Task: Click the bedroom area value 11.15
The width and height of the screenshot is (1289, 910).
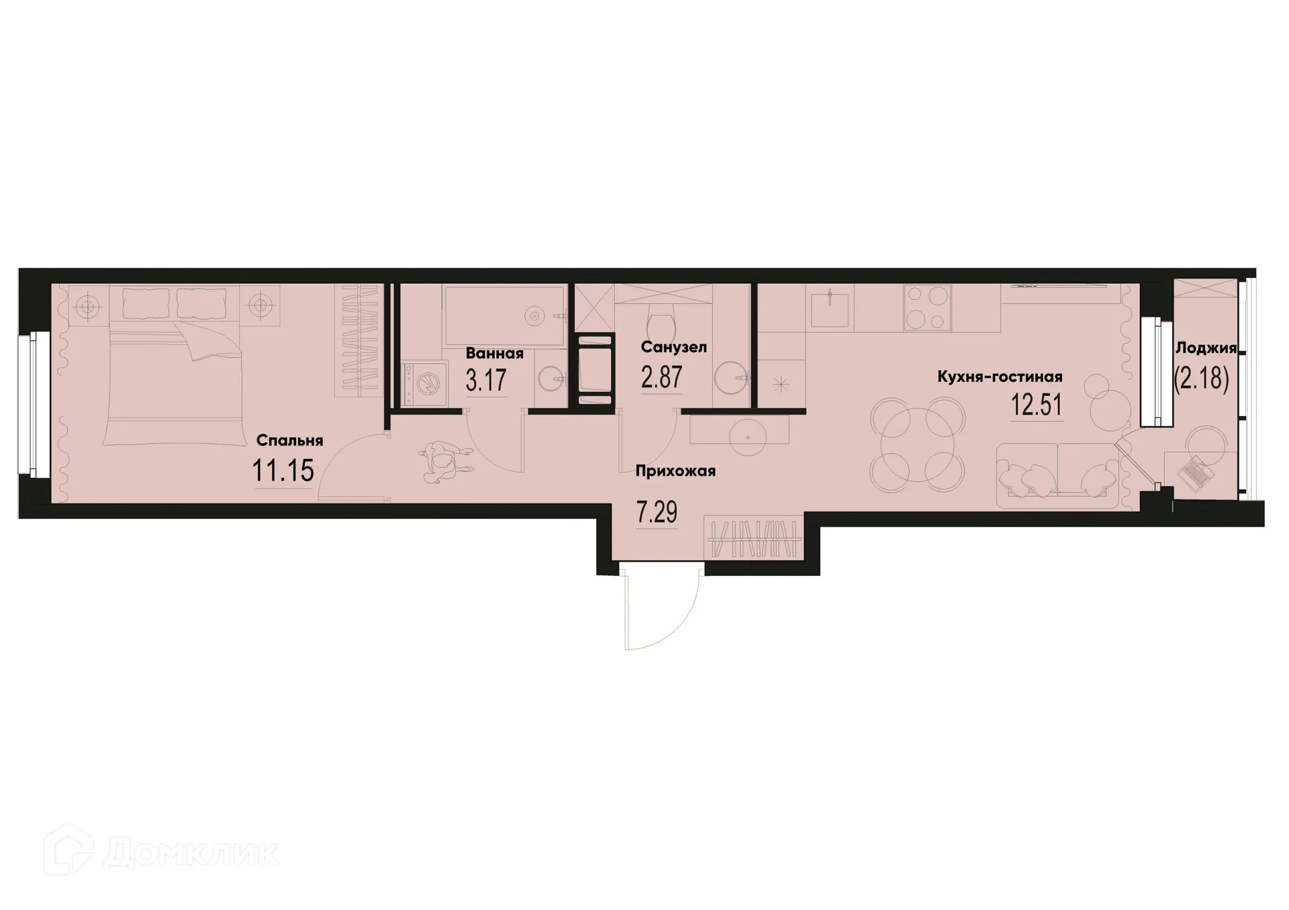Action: tap(283, 470)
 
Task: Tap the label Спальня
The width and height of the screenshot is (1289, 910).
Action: tap(290, 440)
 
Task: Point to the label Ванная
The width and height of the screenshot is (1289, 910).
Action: tap(494, 353)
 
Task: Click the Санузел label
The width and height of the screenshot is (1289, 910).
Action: tap(673, 347)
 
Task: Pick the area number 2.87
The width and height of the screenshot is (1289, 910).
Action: tap(662, 377)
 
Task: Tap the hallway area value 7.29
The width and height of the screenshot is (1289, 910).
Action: tap(657, 513)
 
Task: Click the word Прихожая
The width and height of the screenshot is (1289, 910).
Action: tap(675, 471)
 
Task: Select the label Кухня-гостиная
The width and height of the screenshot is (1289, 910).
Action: tap(1000, 376)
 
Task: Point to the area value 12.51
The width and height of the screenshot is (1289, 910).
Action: tap(1037, 405)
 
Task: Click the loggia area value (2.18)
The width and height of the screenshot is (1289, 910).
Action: tap(1201, 379)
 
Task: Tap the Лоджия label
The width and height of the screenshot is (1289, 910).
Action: tap(1206, 348)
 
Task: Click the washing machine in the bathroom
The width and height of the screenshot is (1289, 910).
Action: tap(425, 385)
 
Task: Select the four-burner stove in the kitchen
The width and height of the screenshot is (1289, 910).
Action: tap(926, 307)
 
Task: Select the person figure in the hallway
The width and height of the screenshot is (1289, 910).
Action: tap(444, 462)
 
